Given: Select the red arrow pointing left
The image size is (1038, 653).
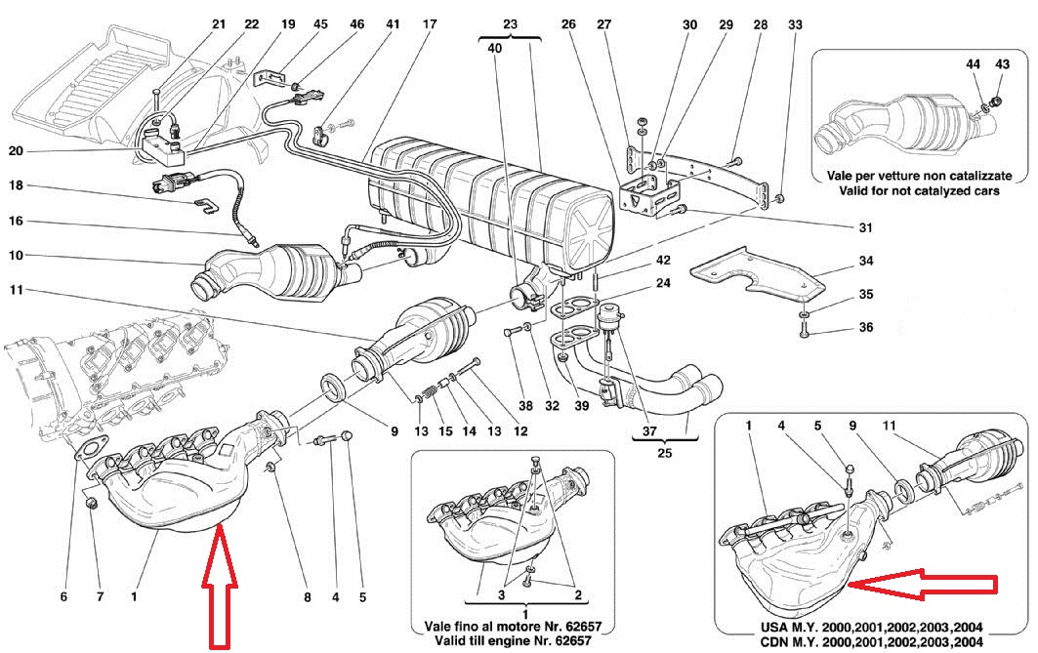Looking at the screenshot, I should coord(923,585).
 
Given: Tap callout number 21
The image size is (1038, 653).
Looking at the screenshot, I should coord(218,23).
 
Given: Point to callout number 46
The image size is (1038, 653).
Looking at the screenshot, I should coord(357,23).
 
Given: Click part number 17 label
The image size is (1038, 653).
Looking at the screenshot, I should coord(431,23).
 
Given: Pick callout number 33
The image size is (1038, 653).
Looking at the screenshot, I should coord(794,23).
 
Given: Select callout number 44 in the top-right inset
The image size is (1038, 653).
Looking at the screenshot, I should coord(974,63).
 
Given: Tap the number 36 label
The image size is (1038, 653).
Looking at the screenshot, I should coord(865,328).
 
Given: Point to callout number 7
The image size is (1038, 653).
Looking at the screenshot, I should coord(98,596).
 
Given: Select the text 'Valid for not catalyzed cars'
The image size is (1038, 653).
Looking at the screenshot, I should coord(918,191).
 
